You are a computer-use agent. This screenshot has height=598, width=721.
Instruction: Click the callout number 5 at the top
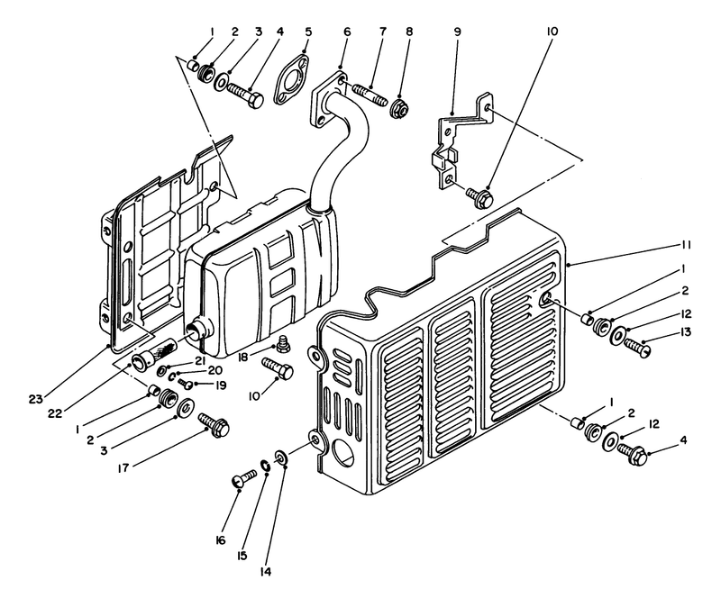(x=308, y=32)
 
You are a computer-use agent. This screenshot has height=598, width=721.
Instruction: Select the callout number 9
(x=457, y=32)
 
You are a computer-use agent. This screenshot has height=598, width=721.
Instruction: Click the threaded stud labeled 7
(x=370, y=95)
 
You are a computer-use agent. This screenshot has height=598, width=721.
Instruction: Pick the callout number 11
(x=686, y=245)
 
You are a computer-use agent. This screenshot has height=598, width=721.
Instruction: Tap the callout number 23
(x=35, y=399)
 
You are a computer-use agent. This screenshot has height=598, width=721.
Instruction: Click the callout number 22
(x=55, y=413)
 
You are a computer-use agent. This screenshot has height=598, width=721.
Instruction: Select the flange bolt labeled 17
(x=214, y=425)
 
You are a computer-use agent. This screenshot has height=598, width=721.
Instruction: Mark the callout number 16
(x=221, y=540)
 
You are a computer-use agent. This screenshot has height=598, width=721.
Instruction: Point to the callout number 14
(x=266, y=572)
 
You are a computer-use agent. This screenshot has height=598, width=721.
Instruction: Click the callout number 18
(x=244, y=357)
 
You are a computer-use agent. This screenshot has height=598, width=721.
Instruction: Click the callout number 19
(x=221, y=385)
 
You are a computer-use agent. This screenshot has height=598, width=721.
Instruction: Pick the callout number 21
(x=200, y=361)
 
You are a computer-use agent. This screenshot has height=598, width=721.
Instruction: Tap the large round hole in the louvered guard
(x=344, y=451)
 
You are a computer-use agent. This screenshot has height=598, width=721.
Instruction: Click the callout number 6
(x=347, y=32)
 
